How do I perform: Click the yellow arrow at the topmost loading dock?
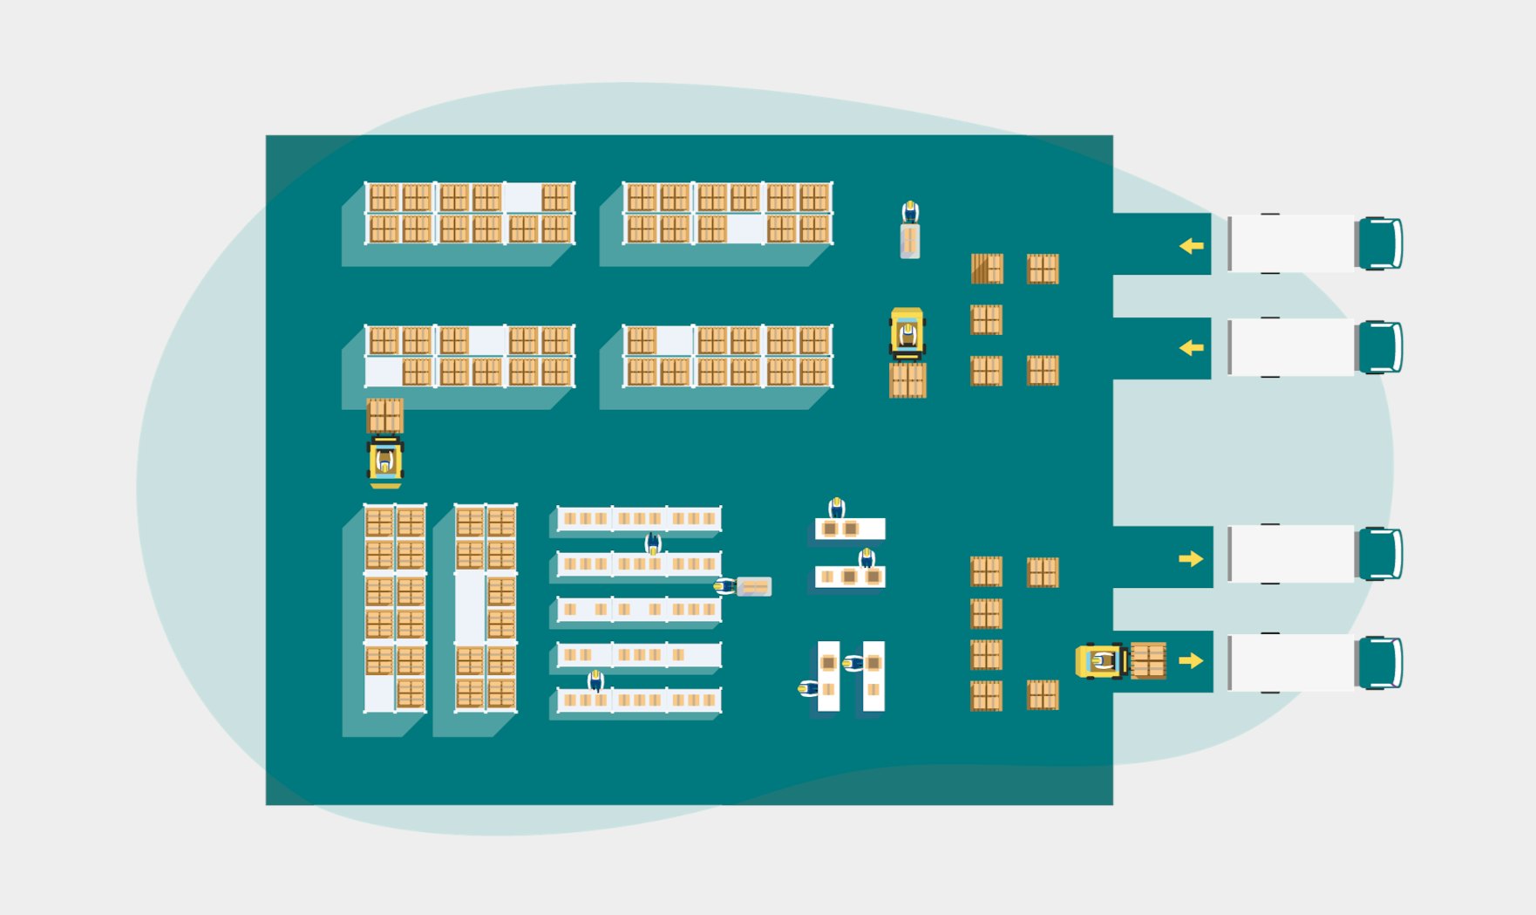pos(1192,246)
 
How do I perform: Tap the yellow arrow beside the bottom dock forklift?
pos(1191,660)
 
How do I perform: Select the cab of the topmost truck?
pos(1379,243)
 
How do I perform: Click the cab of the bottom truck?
pos(1379,663)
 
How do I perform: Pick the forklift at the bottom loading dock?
pos(1100,661)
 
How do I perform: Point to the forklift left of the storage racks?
pos(385,461)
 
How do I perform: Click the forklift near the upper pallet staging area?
pos(907,333)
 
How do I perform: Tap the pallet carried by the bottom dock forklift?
pos(1148,661)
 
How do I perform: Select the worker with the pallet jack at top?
pos(910,212)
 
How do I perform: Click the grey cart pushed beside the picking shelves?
pos(754,587)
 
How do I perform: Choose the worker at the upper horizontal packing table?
pos(837,508)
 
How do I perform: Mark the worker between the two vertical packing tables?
pos(853,664)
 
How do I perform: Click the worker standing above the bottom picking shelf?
pos(596,679)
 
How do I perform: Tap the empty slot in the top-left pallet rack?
pos(522,198)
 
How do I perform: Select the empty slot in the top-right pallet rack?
pos(745,229)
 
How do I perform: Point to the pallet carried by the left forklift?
pos(384,415)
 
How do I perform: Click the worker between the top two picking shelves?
pos(653,544)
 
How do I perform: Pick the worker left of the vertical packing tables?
pos(808,689)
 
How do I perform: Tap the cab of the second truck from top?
pos(1379,347)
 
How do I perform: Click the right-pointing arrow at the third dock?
pos(1191,558)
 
